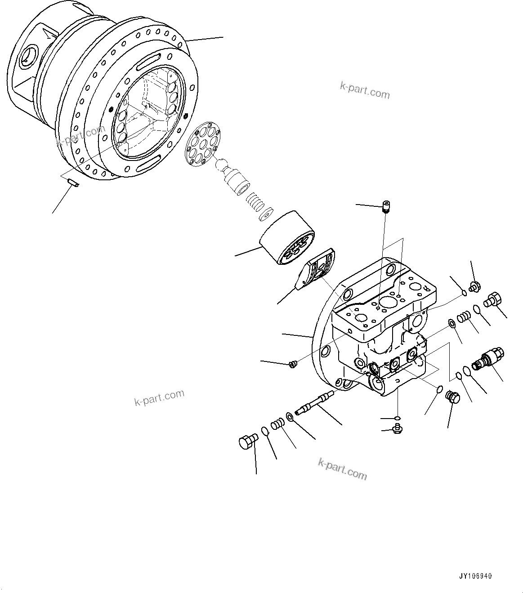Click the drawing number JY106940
click(476, 576)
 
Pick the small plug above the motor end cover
click(385, 206)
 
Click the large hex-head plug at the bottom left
click(247, 441)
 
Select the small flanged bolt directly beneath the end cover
click(397, 429)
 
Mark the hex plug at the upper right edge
click(494, 299)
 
